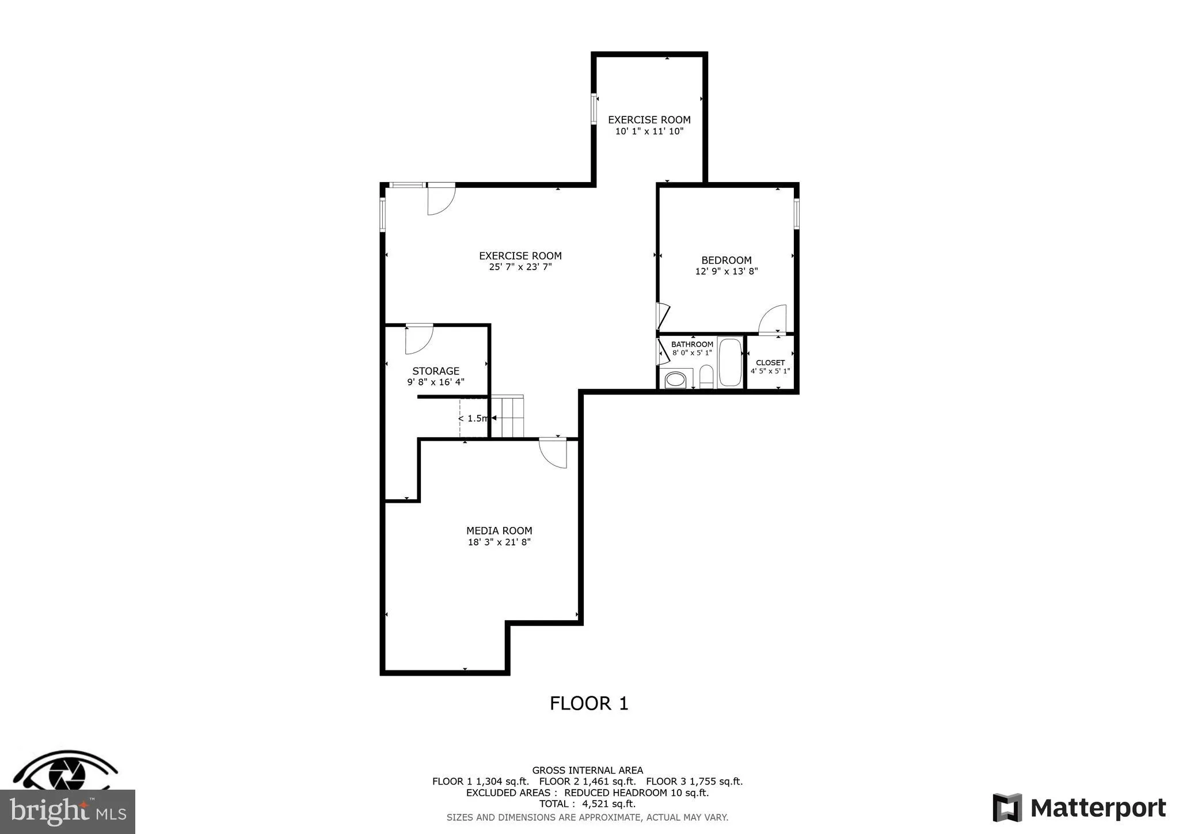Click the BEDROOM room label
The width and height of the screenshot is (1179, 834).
[726, 260]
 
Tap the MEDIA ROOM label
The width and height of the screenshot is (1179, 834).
[499, 530]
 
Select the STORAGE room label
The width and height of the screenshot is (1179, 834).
[436, 371]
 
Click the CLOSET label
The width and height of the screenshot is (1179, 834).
[770, 362]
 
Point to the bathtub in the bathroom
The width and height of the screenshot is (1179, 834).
[730, 362]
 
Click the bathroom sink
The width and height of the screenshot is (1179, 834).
[675, 380]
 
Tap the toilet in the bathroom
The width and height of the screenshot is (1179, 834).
[706, 377]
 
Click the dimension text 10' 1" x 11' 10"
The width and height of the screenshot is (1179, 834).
[649, 131]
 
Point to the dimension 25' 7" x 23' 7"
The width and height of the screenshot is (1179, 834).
[520, 267]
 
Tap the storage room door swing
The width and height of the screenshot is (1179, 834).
[419, 340]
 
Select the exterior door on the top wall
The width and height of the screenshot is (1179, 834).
[440, 199]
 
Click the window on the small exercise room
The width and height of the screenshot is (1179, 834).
[594, 109]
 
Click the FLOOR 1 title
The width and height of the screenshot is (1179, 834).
[589, 703]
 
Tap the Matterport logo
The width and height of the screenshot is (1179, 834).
[1079, 808]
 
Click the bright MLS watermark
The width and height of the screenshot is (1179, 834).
[67, 812]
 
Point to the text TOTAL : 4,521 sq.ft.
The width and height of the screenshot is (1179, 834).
[587, 803]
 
